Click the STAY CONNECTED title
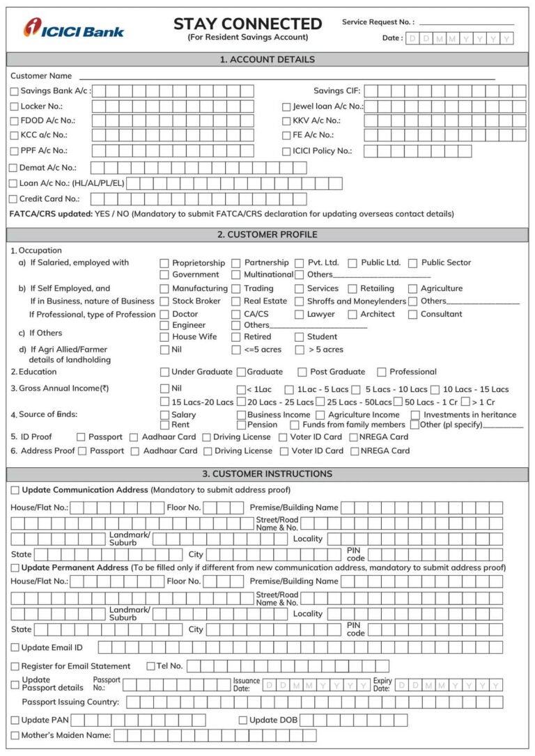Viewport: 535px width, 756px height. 247,24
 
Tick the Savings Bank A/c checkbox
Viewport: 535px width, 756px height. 15,91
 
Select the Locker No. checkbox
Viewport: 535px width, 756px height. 15,107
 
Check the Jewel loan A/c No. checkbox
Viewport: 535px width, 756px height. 286,107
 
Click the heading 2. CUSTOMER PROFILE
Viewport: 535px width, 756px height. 267,235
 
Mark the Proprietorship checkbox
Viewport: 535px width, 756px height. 164,263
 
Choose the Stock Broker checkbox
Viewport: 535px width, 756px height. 164,301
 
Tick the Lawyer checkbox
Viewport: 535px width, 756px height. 300,315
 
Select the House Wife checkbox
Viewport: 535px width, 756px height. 164,337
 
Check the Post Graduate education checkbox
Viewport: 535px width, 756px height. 302,372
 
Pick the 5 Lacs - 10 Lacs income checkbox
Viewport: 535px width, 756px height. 356,390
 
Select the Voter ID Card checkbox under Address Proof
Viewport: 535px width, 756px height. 284,451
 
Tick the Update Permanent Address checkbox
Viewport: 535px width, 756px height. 15,568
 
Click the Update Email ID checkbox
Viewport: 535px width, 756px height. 15,647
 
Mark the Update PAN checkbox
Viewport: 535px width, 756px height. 15,720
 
